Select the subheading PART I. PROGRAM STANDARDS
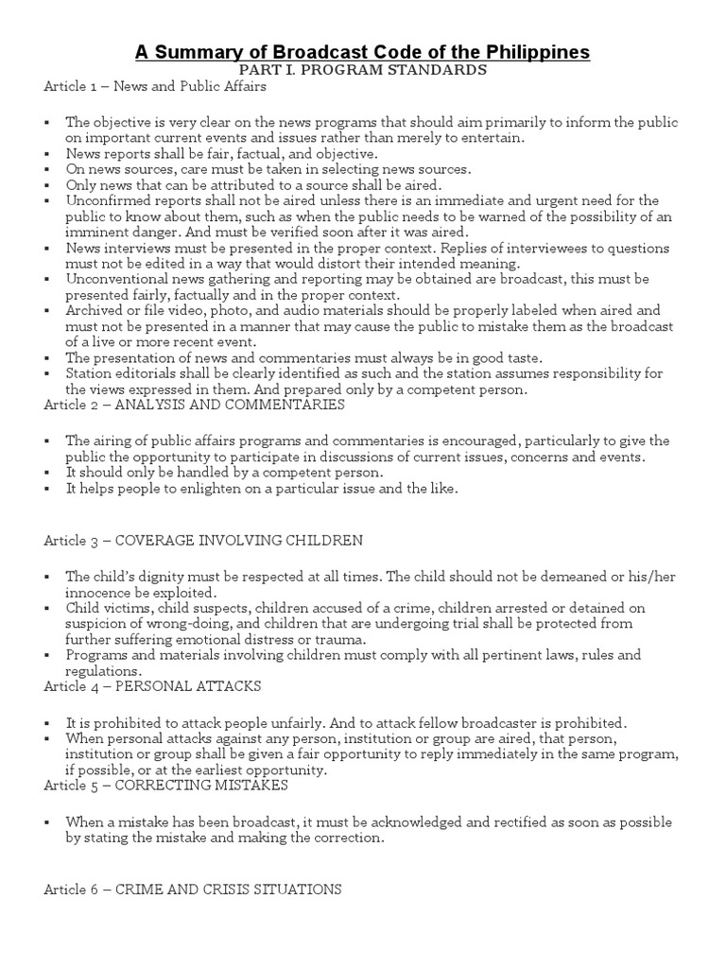[x=363, y=70]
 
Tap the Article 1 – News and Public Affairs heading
[x=155, y=87]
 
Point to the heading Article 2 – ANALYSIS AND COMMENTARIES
[x=194, y=405]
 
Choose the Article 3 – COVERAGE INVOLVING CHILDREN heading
[x=203, y=540]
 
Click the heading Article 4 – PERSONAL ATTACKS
[x=152, y=685]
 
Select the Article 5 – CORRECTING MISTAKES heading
[x=165, y=786]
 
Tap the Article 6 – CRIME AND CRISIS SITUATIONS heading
[x=193, y=890]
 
